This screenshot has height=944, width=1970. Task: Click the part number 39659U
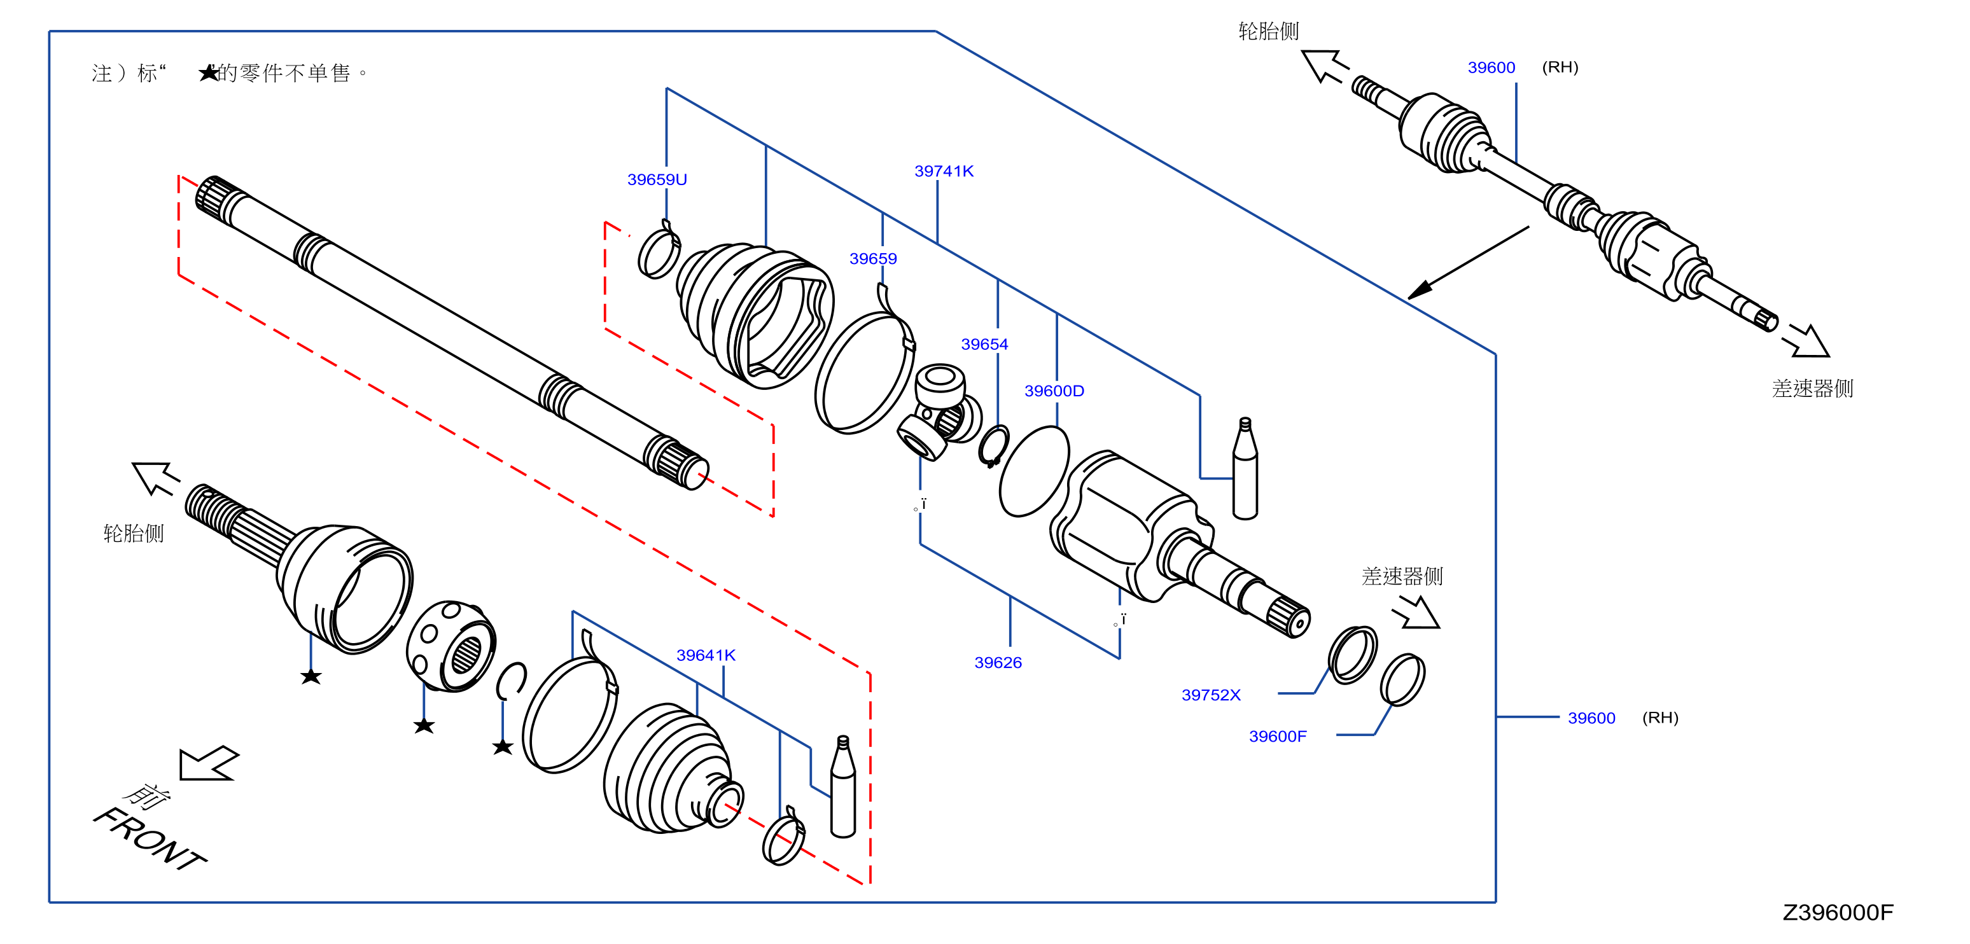tap(657, 179)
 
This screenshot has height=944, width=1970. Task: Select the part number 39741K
tap(944, 171)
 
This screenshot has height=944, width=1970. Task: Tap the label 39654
tap(984, 345)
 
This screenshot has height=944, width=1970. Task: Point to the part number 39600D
tap(1054, 391)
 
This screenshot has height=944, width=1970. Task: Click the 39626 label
tap(998, 663)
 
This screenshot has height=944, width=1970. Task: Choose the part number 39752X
tap(1212, 695)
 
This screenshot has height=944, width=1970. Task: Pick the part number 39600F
tap(1278, 736)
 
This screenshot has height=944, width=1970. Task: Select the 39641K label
tap(706, 655)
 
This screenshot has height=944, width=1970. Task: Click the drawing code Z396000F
tap(1838, 912)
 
